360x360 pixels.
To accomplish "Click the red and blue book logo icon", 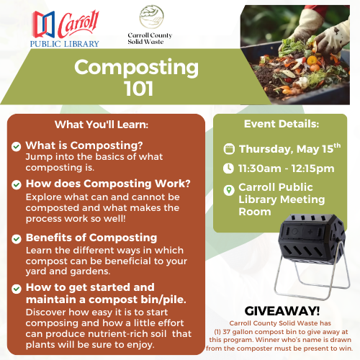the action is (44, 24).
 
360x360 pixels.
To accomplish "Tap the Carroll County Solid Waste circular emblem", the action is (151, 17).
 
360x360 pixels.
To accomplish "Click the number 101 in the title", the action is (139, 89).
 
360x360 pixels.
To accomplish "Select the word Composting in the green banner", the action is (136, 68).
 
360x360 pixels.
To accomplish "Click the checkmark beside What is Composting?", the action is (16, 146).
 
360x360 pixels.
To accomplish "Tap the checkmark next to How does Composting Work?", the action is (17, 185).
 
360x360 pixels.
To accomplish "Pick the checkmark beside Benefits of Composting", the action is (17, 239).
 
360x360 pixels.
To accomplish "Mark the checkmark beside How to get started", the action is (17, 289).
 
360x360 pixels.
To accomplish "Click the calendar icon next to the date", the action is (229, 149).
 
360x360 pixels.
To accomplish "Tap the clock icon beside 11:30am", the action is (228, 168).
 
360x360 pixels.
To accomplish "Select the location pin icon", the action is (229, 190).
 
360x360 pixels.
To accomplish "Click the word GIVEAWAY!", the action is (282, 311).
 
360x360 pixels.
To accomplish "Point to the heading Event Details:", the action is (282, 124).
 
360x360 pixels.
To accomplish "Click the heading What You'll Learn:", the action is (102, 125).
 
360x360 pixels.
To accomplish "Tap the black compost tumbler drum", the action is (312, 238).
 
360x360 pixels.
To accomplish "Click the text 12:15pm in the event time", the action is (312, 168).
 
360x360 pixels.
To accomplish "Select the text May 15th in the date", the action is (318, 149).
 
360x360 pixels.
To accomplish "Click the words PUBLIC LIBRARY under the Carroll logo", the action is (64, 44).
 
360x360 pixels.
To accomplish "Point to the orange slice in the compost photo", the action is (312, 60).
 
